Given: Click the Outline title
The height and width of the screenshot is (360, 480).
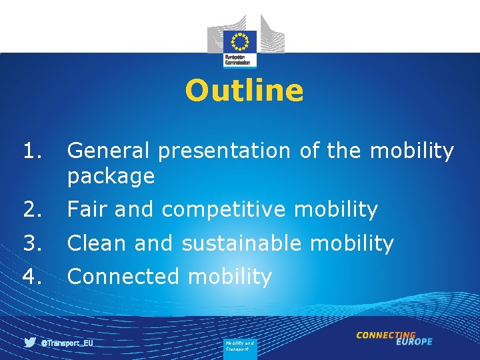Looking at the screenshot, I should [x=244, y=91].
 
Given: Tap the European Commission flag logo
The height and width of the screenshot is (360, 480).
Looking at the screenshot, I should [x=239, y=41].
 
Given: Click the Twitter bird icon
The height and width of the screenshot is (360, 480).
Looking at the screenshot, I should [x=30, y=343].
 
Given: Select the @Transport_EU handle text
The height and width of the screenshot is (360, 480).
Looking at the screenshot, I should [x=67, y=343].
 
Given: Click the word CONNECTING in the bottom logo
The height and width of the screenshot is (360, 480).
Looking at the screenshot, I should [x=386, y=335].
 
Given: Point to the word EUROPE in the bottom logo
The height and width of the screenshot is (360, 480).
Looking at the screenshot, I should [x=413, y=342].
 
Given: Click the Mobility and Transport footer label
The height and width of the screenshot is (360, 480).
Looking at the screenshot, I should [x=239, y=346].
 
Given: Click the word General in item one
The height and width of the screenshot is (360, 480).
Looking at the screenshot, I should [x=109, y=151].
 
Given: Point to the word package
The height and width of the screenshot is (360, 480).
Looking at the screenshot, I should [x=111, y=177].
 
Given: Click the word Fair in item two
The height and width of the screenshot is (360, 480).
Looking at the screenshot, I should [x=88, y=210].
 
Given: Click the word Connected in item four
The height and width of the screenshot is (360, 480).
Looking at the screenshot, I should [x=123, y=277].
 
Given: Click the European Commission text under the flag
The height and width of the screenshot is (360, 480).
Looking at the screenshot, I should [x=239, y=60].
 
